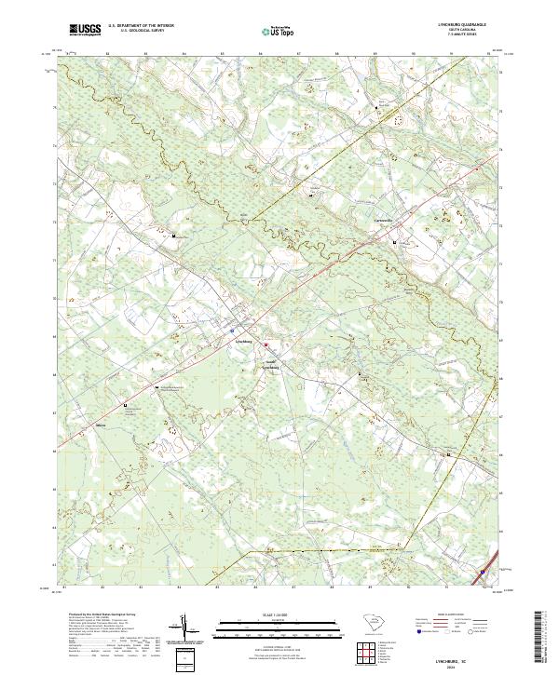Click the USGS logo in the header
85,31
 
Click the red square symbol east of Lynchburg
265,345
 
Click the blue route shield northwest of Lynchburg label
231,331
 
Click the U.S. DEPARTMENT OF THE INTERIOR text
137,27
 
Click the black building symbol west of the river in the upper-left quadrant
175,236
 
